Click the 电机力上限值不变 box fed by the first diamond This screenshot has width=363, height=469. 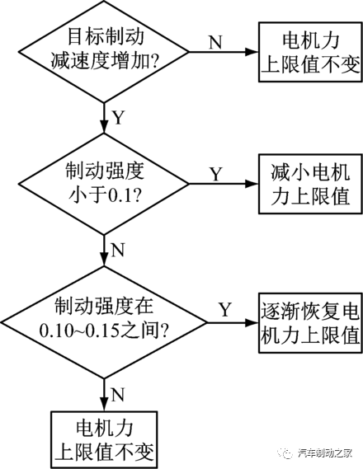pos(309,50)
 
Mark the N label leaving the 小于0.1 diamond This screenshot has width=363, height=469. pos(117,248)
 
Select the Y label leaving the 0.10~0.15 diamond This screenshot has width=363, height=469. pos(224,309)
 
